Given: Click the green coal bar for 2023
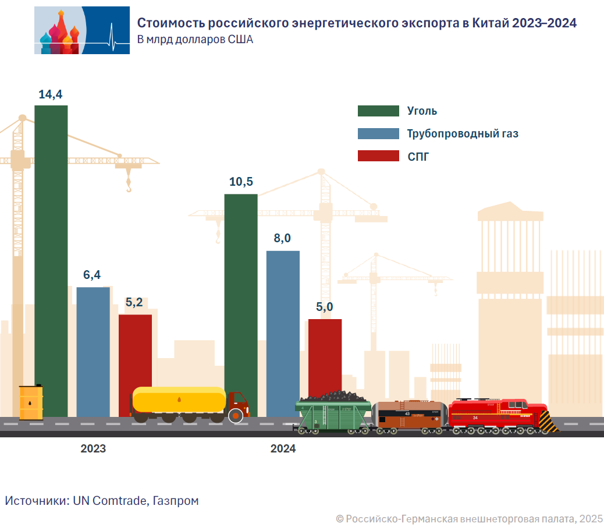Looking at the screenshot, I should (x=51, y=245).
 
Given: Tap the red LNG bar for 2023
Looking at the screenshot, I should (x=135, y=349).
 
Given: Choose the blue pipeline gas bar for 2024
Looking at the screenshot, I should (x=283, y=326).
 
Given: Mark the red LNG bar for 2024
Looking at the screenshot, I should (x=325, y=355).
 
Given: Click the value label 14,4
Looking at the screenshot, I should (x=51, y=94).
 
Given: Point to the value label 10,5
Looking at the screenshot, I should (x=241, y=182).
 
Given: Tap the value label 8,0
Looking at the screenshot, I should (x=283, y=239).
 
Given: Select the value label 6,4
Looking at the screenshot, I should (x=93, y=275).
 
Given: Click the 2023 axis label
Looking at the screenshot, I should (x=93, y=449).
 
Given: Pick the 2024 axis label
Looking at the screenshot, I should (x=283, y=449).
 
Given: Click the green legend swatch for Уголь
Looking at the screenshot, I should (x=378, y=111).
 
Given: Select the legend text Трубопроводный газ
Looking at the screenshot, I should (x=463, y=134).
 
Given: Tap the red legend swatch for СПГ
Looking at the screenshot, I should (x=378, y=156).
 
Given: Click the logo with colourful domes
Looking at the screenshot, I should (x=82, y=30).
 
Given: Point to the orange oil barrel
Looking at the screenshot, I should (x=31, y=402).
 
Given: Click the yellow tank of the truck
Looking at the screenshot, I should (x=179, y=399).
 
